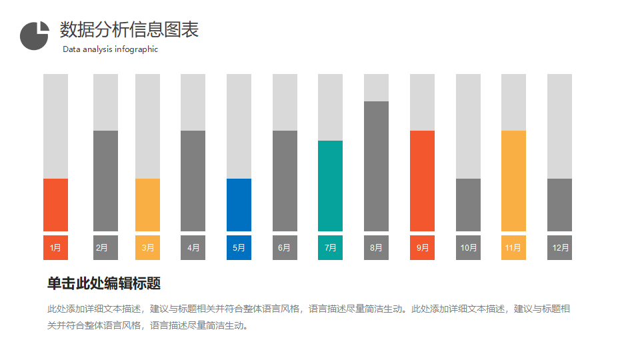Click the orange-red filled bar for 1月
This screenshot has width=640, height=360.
[55, 205]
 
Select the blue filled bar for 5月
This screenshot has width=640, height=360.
[239, 205]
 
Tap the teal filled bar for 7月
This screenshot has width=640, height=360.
[330, 186]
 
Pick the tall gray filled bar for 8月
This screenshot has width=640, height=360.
[376, 166]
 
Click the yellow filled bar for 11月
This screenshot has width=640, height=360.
[513, 181]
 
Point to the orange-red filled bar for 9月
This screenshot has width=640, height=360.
[422, 181]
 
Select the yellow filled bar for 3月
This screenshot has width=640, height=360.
[147, 205]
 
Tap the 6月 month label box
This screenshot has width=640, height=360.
[285, 247]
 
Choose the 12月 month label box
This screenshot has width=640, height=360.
[559, 247]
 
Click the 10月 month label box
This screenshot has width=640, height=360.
[468, 247]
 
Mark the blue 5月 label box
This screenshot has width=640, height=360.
[239, 247]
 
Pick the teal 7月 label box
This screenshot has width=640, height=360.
[330, 247]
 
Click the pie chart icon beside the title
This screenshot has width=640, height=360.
[35, 35]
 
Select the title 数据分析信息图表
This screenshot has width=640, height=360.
[129, 29]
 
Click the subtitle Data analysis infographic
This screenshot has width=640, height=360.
[110, 49]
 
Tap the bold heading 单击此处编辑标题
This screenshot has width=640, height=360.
[104, 283]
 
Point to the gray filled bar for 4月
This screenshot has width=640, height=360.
[193, 181]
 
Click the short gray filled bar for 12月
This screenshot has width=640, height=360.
[559, 205]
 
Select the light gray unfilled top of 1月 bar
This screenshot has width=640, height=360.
[55, 126]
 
